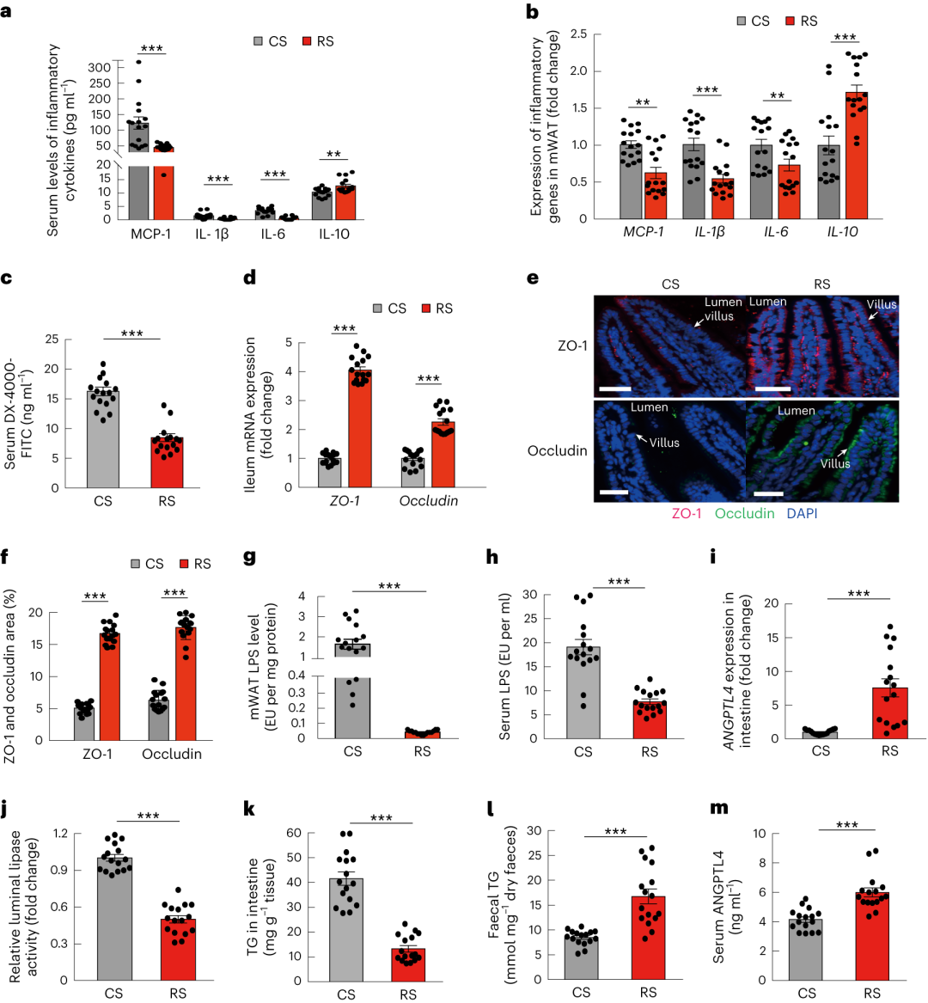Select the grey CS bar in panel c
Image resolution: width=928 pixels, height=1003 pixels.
[x=102, y=439]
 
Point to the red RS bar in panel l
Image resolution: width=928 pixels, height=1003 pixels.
[x=648, y=938]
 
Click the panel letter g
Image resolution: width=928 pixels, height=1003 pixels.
[x=251, y=556]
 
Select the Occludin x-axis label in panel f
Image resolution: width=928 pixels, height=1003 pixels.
[x=172, y=754]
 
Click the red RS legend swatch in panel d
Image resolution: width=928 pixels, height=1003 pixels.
[x=425, y=309]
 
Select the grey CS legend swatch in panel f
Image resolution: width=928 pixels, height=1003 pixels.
[x=136, y=564]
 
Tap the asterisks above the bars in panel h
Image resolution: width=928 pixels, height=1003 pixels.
[x=618, y=582]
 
